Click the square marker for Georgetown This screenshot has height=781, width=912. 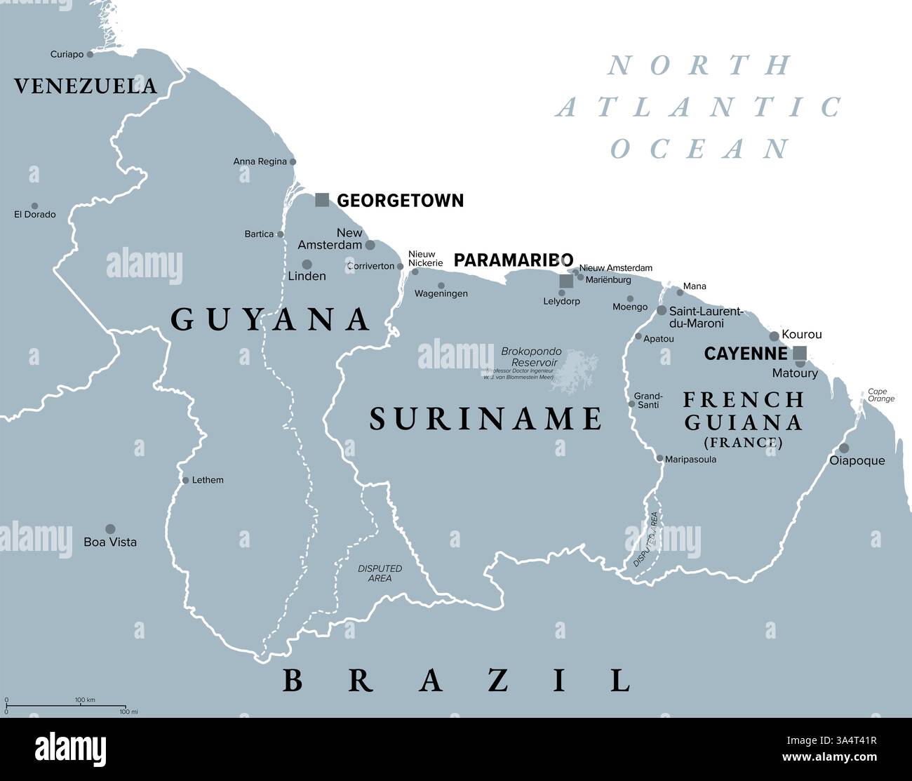point(322,200)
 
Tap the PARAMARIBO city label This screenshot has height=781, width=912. point(514,260)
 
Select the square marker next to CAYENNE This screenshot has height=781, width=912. point(800,353)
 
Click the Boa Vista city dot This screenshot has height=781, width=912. point(110,528)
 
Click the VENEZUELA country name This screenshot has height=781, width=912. point(86,86)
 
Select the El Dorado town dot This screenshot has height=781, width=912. point(35,206)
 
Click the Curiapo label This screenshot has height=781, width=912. point(67,54)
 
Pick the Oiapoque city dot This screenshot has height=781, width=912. point(844,448)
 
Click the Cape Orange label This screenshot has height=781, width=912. point(881,395)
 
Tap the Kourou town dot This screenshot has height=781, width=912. point(774,336)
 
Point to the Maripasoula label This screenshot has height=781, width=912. point(691,458)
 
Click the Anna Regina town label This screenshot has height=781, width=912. point(260,161)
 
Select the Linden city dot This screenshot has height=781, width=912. point(307,265)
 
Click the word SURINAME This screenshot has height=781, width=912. point(485,419)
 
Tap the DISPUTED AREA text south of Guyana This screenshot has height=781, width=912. point(380,573)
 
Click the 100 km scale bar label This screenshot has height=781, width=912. point(85,700)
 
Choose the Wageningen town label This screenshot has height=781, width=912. point(441,293)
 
